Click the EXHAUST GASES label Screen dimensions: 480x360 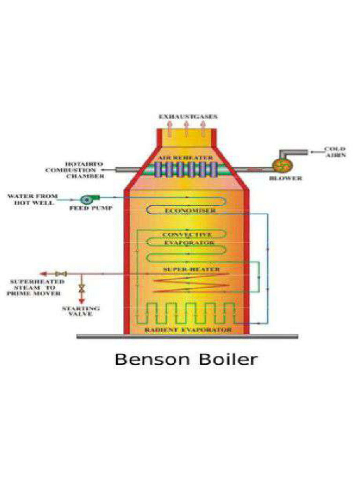(x=187, y=116)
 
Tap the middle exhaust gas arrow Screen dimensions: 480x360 (x=186, y=127)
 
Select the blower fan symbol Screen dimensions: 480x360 (x=283, y=165)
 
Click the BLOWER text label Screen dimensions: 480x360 (x=285, y=178)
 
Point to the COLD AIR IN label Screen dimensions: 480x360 (x=335, y=152)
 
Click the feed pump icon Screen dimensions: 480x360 (x=87, y=199)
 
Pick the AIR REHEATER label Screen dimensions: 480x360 (x=186, y=158)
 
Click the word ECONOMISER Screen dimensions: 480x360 (x=190, y=211)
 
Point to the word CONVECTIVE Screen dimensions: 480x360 (x=187, y=234)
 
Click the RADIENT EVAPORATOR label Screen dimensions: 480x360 (x=187, y=330)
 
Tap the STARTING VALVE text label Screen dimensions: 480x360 (x=81, y=311)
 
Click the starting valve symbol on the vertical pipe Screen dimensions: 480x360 (x=81, y=288)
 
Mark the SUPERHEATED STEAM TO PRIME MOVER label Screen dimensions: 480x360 (x=36, y=287)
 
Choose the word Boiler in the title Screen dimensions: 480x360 (x=228, y=360)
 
